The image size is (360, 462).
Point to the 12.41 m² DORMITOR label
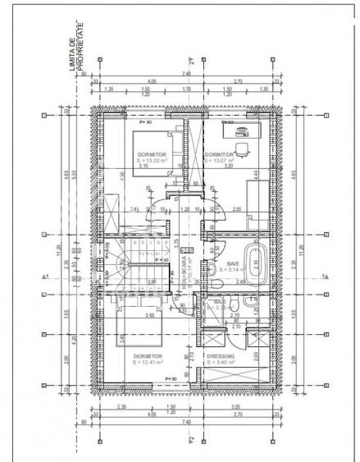[148, 359]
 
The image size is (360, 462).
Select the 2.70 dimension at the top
[238, 81]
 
